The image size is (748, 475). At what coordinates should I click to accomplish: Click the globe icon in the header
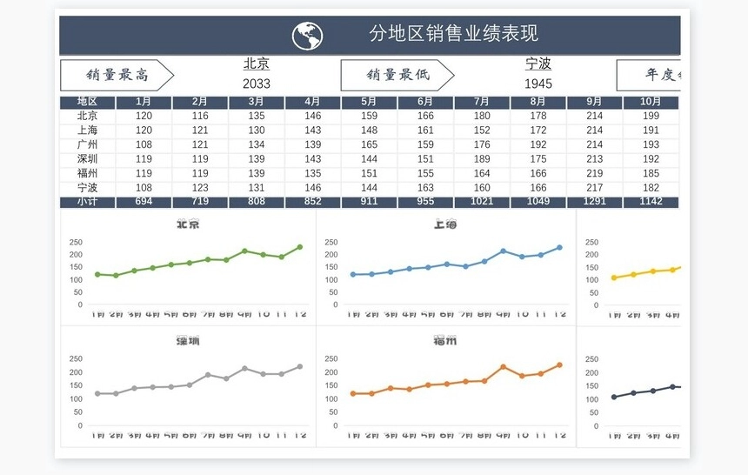(x=307, y=36)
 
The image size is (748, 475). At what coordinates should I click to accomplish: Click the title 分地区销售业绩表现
(x=453, y=34)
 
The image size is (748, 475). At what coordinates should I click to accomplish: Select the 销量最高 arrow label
(x=117, y=76)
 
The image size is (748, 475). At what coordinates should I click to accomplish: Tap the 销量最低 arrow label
(x=397, y=76)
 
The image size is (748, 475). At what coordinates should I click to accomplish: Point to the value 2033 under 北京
(x=257, y=84)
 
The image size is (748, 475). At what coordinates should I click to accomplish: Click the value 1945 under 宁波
(x=538, y=84)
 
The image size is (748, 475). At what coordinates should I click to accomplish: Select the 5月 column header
(x=369, y=102)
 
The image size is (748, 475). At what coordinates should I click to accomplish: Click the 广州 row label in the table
(x=87, y=144)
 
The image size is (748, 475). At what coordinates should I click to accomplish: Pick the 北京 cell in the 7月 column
(x=482, y=116)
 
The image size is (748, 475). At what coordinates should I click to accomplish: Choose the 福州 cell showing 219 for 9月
(x=594, y=173)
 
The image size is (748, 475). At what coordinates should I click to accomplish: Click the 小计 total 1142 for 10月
(x=651, y=202)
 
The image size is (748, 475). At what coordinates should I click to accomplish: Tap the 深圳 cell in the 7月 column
(x=482, y=159)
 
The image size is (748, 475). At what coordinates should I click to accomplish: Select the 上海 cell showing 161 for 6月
(x=425, y=130)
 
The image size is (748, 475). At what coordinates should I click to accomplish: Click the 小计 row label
(x=87, y=202)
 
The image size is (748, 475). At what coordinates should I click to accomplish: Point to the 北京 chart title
(x=188, y=224)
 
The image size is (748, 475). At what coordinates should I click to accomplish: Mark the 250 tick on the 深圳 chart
(x=76, y=358)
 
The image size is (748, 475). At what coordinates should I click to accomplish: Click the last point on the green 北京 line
(x=300, y=247)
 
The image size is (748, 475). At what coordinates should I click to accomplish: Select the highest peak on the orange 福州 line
(x=503, y=366)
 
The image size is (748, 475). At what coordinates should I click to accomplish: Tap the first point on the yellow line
(x=614, y=278)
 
